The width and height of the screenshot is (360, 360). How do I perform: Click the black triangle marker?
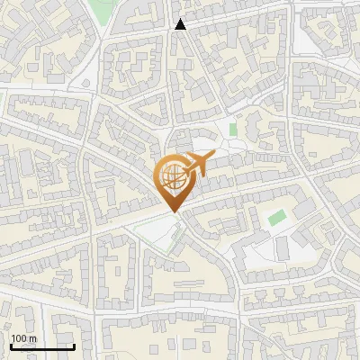point(180,24)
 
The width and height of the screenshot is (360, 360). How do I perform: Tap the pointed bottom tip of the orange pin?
point(173,212)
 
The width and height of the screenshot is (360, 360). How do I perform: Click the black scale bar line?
point(42,346)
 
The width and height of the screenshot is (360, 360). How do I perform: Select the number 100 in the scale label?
point(20,338)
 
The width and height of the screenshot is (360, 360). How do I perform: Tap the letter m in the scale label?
point(33,338)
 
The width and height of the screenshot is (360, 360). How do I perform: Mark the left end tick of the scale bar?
point(11,345)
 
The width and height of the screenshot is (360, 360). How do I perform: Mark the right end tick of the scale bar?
point(74,345)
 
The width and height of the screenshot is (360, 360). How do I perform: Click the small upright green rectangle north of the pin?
point(233,130)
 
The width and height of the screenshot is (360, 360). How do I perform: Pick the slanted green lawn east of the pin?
point(276,217)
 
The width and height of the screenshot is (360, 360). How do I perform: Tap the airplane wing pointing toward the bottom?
point(193,172)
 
